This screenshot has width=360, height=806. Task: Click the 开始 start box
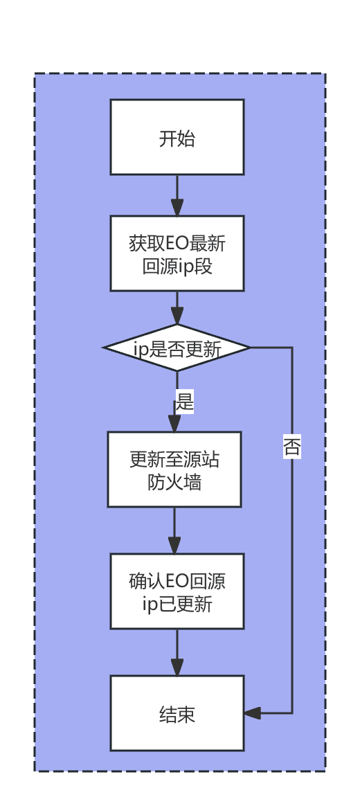(177, 137)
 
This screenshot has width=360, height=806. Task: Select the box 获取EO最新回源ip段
(177, 253)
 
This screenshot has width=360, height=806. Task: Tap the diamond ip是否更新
(177, 348)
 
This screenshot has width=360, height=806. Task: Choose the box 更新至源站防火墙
(174, 469)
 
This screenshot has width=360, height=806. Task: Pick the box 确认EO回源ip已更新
(177, 591)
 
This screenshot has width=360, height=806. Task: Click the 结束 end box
(177, 713)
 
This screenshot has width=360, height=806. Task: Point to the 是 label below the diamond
(184, 402)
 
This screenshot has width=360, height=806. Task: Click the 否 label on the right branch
(292, 447)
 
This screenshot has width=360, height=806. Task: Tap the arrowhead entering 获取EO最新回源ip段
(177, 208)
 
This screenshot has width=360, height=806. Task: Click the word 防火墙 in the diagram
(174, 483)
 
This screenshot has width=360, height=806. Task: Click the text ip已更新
(177, 604)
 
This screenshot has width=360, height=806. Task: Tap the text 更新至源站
(174, 459)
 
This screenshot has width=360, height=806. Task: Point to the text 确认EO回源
(177, 582)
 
